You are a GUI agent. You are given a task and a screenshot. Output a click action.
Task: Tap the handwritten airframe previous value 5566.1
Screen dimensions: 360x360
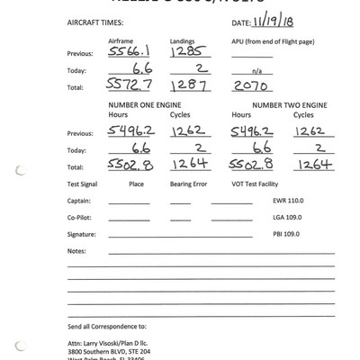coord(127,53)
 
